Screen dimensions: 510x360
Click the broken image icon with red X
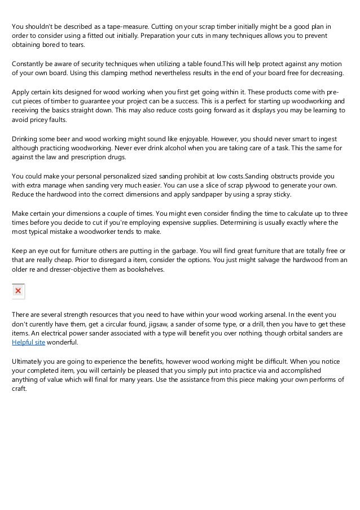pyautogui.click(x=18, y=290)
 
